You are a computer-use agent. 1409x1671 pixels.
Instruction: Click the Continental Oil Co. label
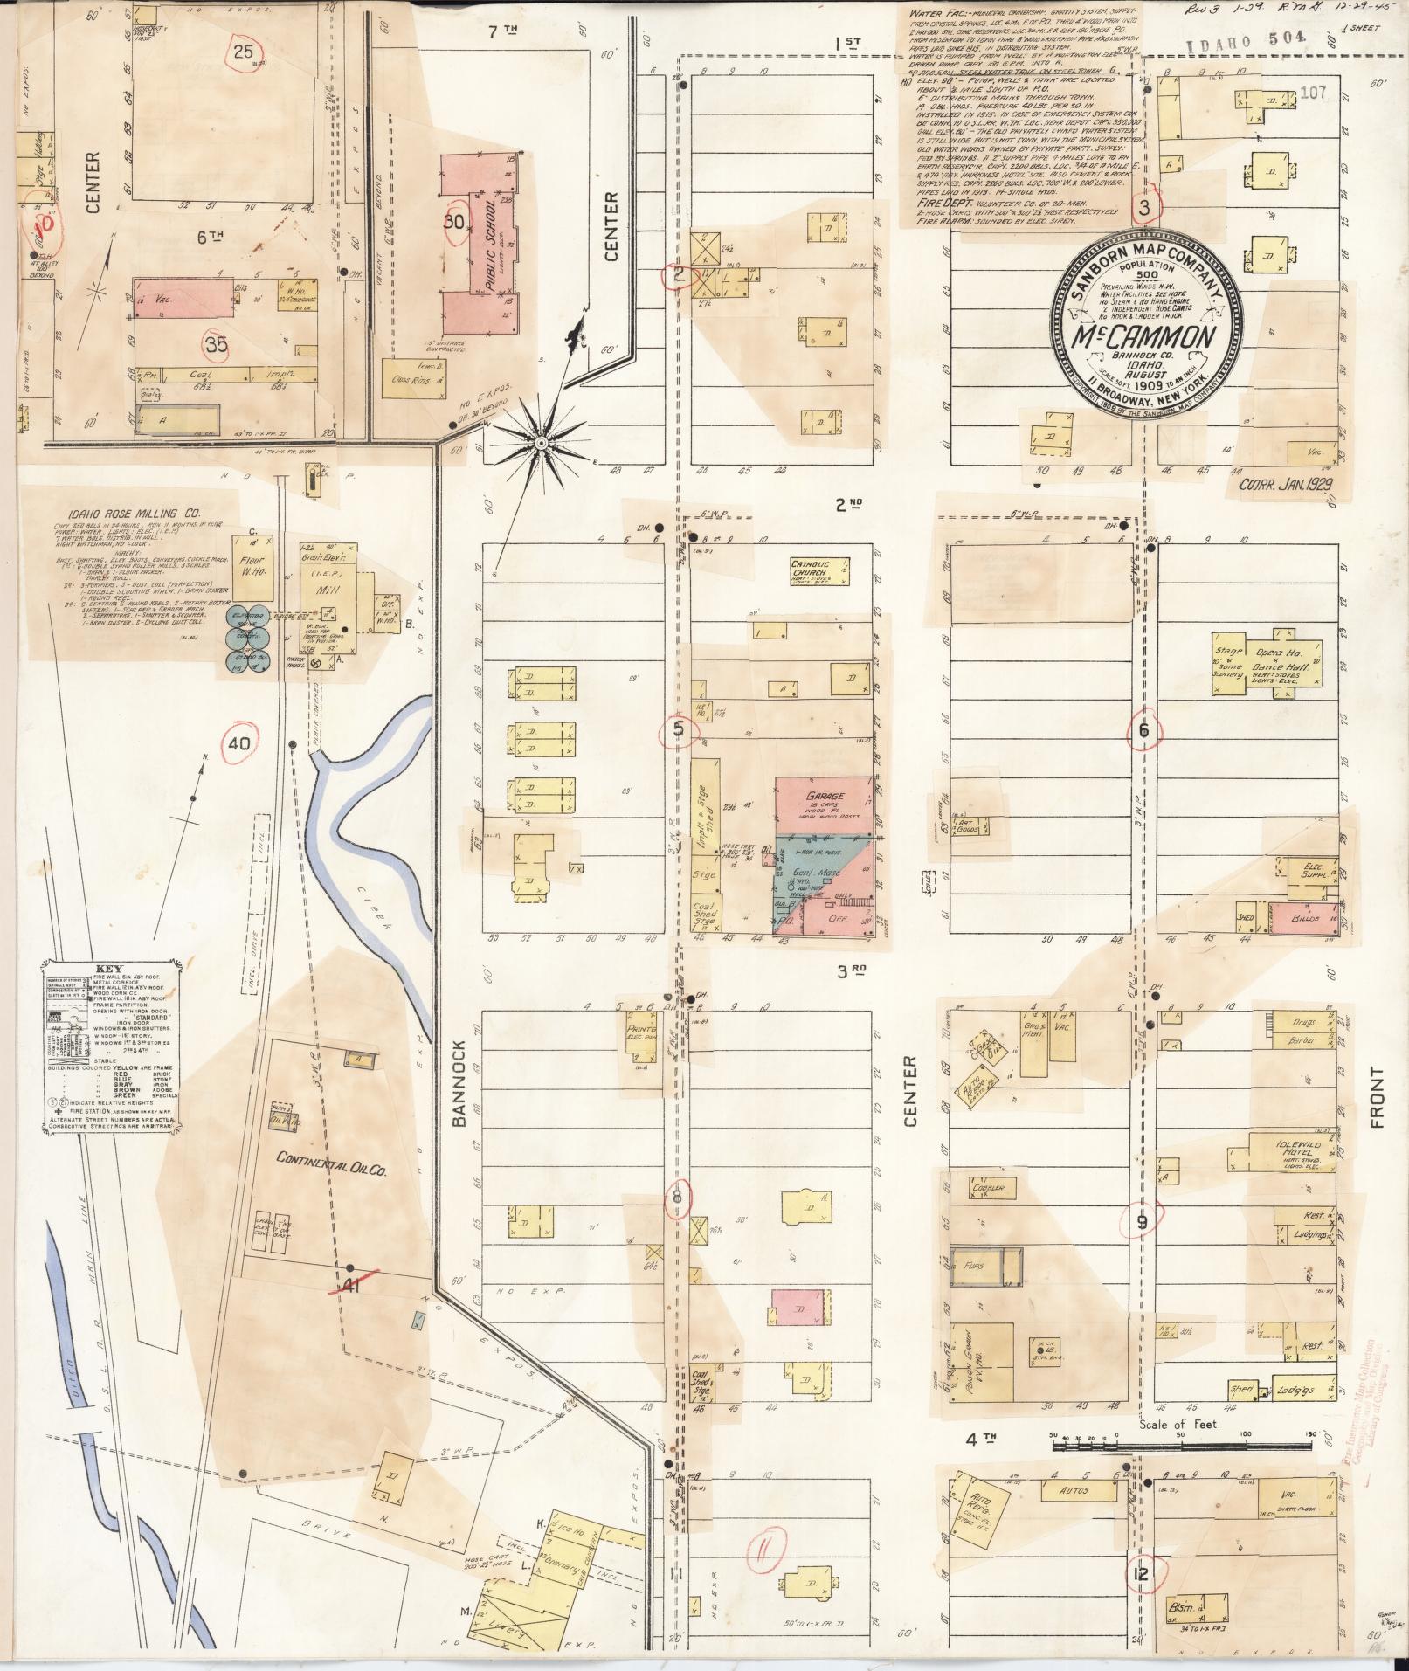click(321, 1158)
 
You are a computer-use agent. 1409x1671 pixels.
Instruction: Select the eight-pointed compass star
click(541, 444)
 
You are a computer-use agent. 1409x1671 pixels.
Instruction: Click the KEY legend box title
click(108, 969)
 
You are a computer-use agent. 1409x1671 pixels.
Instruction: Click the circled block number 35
click(217, 344)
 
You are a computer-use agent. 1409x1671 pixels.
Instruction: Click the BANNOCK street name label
click(462, 1082)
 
